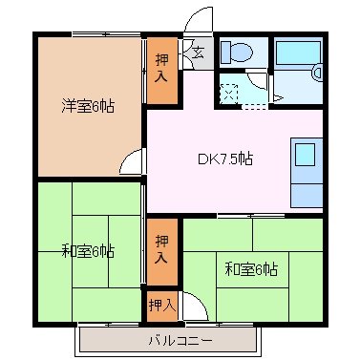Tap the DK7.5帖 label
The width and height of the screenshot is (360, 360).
pos(226,159)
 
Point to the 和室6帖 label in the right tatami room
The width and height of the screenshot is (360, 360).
pos(251,268)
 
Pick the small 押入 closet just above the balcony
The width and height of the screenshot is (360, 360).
pos(160,305)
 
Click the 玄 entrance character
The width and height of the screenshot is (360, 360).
pos(199,52)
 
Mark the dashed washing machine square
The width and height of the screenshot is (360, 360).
pos(229,94)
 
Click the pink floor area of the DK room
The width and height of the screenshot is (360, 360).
pos(191,181)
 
